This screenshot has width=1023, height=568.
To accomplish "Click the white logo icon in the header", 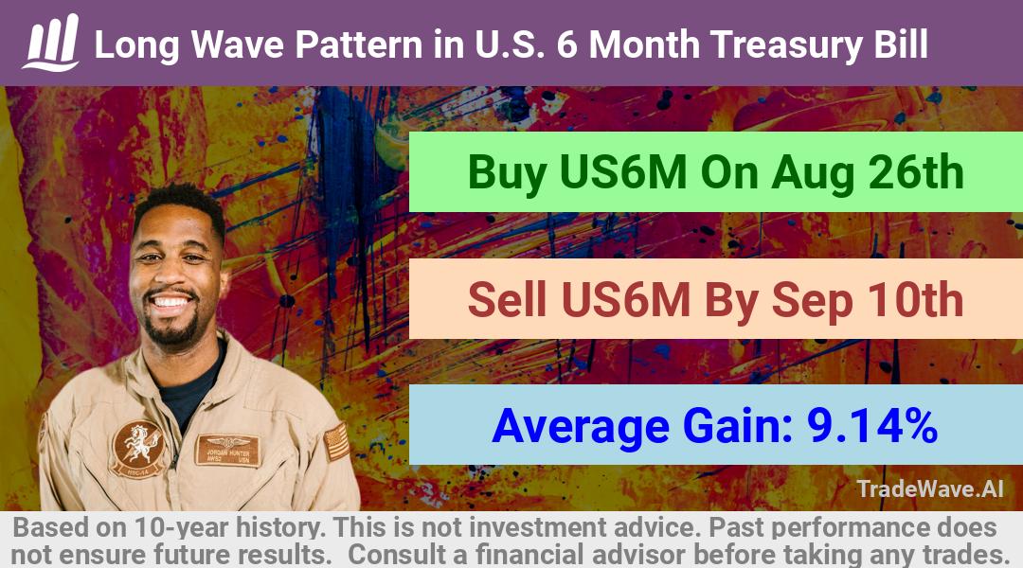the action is [51, 43].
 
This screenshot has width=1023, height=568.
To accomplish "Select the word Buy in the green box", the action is [507, 173].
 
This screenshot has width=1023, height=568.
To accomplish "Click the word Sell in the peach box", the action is [507, 299].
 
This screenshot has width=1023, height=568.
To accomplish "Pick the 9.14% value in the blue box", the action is [872, 426].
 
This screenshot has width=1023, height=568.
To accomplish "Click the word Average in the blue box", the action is [581, 427].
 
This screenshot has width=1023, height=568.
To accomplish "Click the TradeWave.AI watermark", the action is [930, 488].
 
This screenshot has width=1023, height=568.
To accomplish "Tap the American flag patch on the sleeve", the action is [336, 441].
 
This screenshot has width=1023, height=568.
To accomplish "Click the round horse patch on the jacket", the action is [136, 448].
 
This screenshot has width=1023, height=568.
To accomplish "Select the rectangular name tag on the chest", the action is [227, 450].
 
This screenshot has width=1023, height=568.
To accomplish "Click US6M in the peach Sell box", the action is [625, 299].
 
